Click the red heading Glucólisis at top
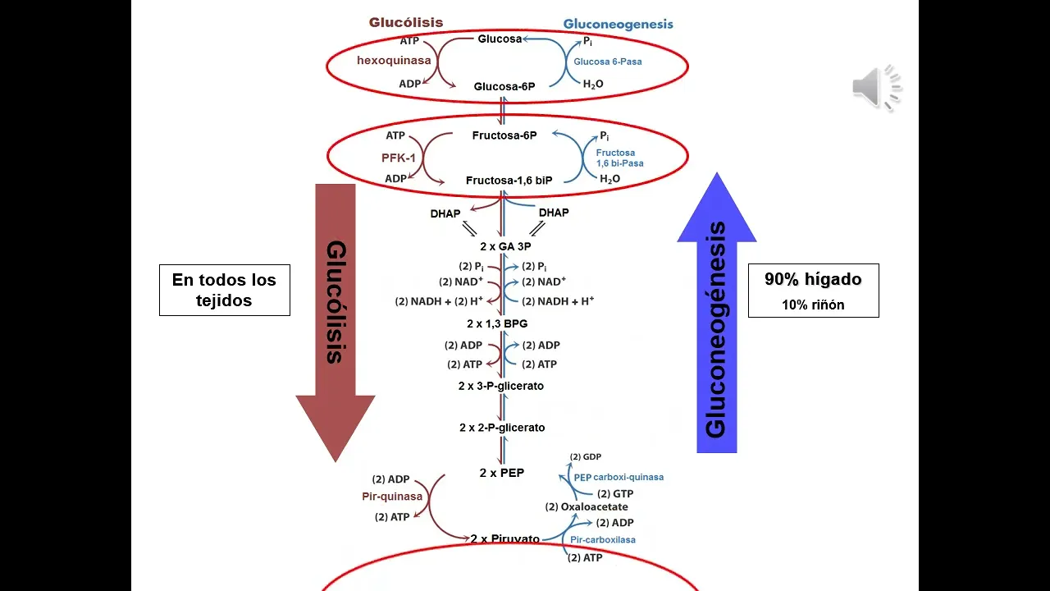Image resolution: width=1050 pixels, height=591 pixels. coord(405,22)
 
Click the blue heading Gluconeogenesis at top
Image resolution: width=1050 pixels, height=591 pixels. coord(618,24)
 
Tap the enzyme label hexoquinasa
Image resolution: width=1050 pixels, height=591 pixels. coord(394,61)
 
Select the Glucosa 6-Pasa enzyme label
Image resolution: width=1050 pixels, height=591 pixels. coord(608,62)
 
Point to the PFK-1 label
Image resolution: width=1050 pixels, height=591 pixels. coord(399,157)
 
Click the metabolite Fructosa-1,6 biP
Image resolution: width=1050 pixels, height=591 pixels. coord(509,180)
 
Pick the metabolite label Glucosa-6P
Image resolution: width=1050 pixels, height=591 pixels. coord(504,86)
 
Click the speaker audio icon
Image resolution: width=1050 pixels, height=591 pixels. coord(876,87)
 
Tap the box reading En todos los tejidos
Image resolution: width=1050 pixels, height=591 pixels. coord(224,290)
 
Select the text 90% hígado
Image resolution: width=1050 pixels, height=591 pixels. coord(813,279)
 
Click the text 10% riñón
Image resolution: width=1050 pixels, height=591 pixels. coord(813,305)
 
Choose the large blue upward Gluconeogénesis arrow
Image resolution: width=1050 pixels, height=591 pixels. coord(716,320)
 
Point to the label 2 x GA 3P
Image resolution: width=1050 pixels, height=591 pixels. coord(505,246)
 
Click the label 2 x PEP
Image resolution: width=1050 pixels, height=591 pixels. coord(502,473)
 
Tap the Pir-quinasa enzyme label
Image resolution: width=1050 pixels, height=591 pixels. coord(392,497)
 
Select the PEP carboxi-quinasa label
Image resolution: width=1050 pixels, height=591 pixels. coord(619,477)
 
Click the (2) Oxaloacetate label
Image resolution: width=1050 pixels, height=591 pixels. coord(587,507)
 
